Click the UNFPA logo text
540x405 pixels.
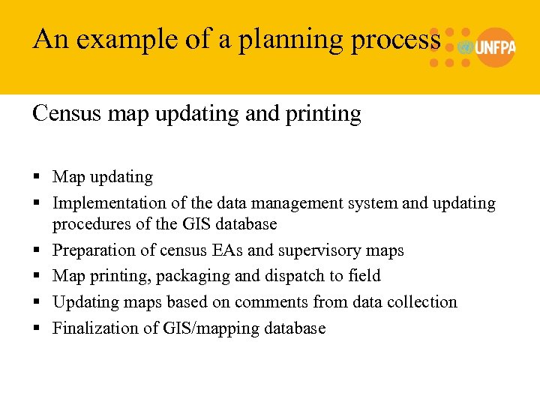[x=495, y=46]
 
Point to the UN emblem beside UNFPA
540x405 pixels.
[x=465, y=46]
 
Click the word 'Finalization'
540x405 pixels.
[x=95, y=328]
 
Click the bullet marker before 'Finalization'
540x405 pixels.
[x=37, y=328]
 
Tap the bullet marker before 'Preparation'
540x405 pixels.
[x=37, y=250]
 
